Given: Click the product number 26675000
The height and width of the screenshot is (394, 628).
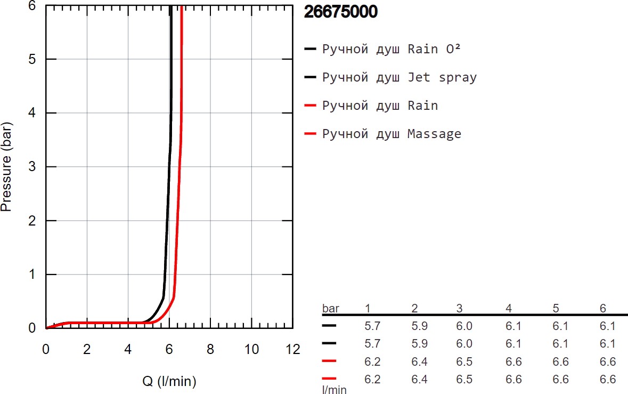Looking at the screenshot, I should (x=340, y=13).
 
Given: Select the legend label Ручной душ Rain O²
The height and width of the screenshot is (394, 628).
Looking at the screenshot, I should (x=391, y=49).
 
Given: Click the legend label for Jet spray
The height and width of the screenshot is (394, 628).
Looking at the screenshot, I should (x=399, y=77).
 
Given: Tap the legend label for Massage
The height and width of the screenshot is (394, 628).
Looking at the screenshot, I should (x=392, y=134).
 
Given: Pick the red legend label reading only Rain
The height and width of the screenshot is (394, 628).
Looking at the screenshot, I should (x=380, y=106).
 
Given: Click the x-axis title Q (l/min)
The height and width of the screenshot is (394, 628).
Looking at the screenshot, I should (x=169, y=381).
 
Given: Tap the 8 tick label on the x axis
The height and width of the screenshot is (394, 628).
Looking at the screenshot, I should (x=210, y=350).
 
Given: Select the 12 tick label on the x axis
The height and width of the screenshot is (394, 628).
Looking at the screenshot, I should (x=292, y=350).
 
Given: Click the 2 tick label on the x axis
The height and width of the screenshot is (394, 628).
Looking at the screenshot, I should (x=87, y=350).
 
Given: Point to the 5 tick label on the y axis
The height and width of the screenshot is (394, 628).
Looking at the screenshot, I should (x=33, y=59).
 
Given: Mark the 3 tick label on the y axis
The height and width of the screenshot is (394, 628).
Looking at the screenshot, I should (x=33, y=167).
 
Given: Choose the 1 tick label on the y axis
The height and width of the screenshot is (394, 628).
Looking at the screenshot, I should (x=33, y=275).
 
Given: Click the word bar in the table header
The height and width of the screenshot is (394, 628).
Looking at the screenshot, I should (x=330, y=308).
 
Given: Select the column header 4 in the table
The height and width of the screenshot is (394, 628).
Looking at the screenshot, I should (x=509, y=308).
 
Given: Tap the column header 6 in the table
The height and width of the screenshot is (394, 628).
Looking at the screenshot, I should (x=603, y=308).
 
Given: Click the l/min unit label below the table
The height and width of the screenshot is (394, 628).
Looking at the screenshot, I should (x=334, y=390).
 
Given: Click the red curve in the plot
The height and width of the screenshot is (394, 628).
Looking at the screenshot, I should (x=178, y=160).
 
